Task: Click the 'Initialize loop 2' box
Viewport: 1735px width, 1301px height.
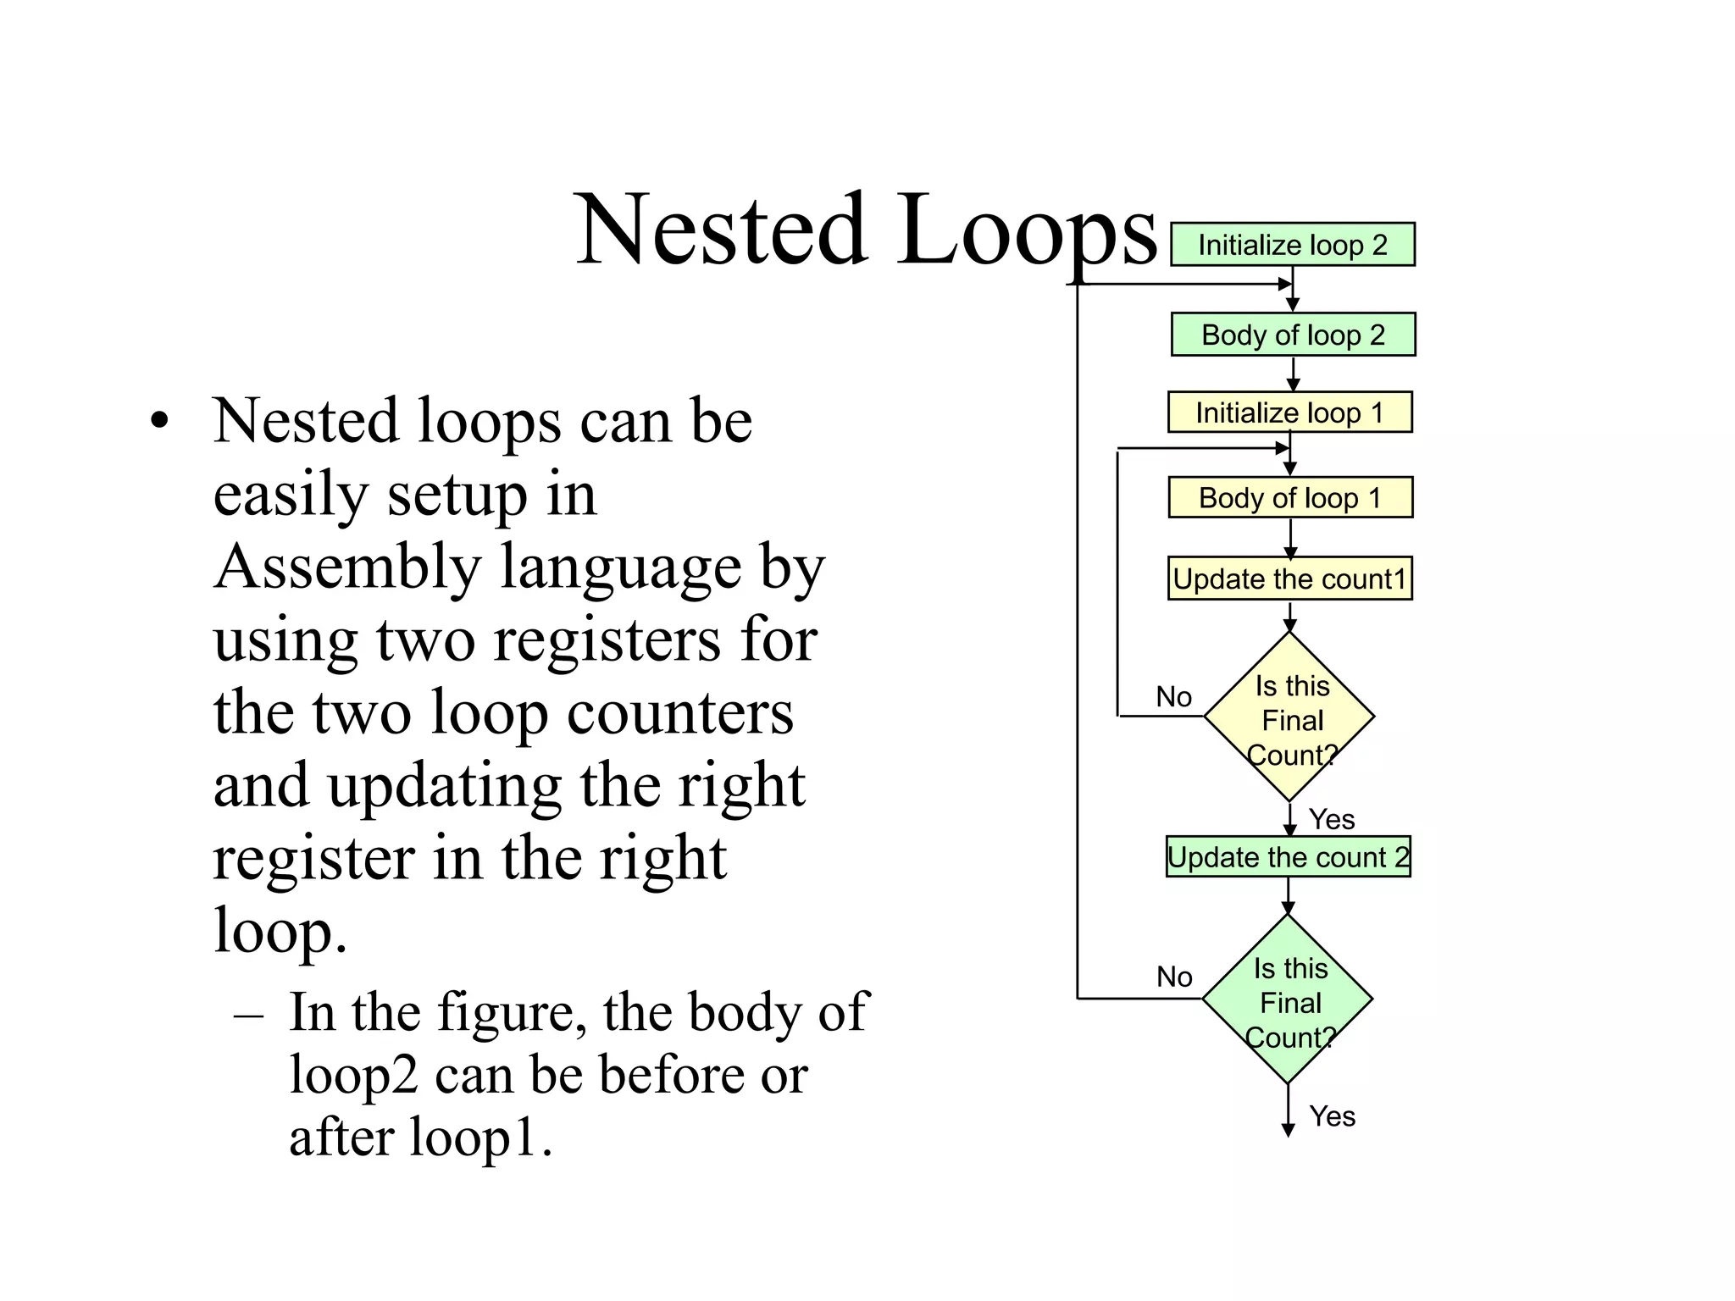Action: [1292, 245]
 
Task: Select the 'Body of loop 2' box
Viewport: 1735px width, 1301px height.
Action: [1293, 335]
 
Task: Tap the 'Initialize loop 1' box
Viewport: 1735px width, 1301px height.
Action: [1289, 412]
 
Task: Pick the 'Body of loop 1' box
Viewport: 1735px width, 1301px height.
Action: [1290, 497]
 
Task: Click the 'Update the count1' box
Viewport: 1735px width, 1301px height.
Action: [1289, 579]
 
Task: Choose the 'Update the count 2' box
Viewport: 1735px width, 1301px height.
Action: [1288, 856]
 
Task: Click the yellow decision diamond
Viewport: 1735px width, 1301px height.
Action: [1289, 717]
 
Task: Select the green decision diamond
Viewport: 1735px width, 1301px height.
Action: [1288, 999]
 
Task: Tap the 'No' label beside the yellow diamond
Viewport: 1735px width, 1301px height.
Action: [1173, 697]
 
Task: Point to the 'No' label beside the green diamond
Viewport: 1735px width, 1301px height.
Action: [1174, 977]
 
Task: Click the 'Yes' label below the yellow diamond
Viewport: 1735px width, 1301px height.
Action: [1331, 819]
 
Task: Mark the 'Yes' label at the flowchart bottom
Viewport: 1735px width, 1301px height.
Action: [1332, 1116]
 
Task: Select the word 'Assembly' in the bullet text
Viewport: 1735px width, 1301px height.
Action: [347, 567]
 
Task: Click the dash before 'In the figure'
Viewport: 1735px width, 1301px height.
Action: [248, 1014]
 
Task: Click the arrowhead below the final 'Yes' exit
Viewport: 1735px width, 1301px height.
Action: [1288, 1130]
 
